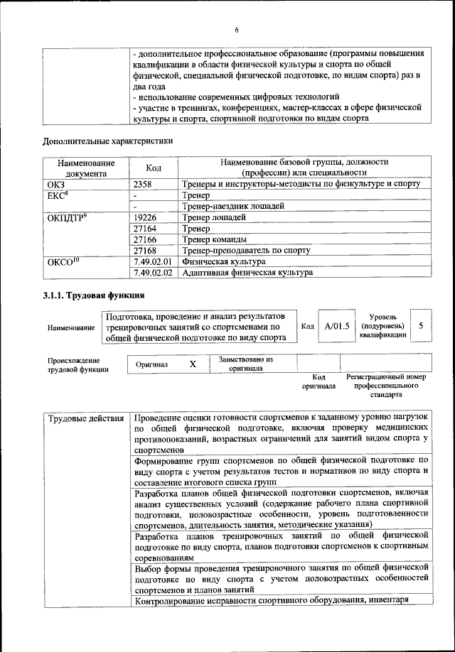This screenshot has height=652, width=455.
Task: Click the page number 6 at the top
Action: pyautogui.click(x=236, y=29)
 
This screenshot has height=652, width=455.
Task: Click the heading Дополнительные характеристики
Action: pyautogui.click(x=107, y=141)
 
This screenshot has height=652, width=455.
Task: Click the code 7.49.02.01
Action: pyautogui.click(x=153, y=261)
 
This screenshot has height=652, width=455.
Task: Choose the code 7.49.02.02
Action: pyautogui.click(x=153, y=272)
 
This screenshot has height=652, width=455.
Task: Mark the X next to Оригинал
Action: pyautogui.click(x=192, y=364)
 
